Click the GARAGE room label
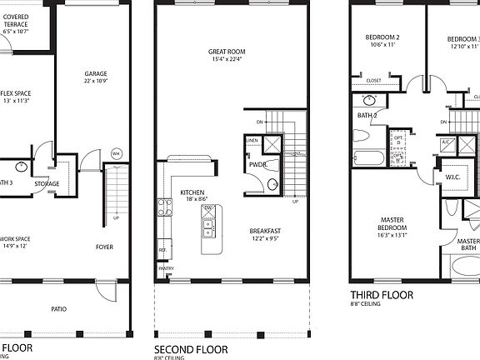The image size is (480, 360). pos(95,73)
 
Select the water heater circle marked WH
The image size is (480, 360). pos(116,152)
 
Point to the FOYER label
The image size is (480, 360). pos(104,247)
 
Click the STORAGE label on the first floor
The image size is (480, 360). pos(47,183)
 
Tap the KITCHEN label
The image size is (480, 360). pos(192,192)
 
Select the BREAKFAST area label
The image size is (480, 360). pos(266,231)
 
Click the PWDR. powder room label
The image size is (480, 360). pos(257,164)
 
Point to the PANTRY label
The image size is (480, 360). pos(166,268)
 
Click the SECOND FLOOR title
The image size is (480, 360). pos(191,348)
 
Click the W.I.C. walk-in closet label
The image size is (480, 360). pos(452,176)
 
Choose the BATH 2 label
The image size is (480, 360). pos(368,115)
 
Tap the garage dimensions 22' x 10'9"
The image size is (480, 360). pos(95,82)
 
